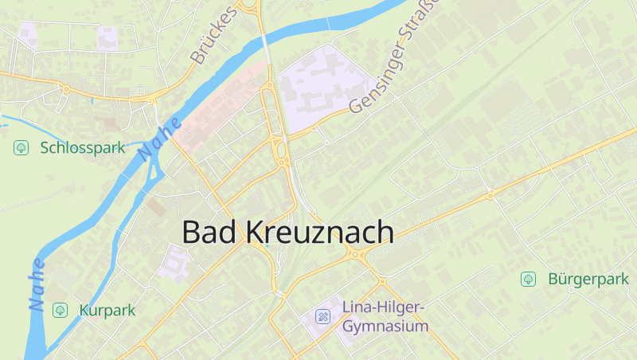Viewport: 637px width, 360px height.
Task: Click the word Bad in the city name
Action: click(x=209, y=232)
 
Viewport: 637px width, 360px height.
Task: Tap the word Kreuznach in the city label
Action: click(x=318, y=232)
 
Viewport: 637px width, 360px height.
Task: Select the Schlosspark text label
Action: click(x=82, y=148)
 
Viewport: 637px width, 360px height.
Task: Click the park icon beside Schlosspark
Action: click(x=21, y=147)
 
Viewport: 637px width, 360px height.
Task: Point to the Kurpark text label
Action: click(x=107, y=310)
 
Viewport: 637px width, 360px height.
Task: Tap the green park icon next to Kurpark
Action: click(x=59, y=309)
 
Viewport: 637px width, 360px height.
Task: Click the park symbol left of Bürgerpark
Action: click(x=527, y=279)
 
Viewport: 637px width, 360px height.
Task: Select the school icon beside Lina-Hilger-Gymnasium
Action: click(x=322, y=316)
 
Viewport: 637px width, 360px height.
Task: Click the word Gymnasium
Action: click(x=385, y=327)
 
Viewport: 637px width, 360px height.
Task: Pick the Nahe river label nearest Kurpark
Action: click(x=37, y=284)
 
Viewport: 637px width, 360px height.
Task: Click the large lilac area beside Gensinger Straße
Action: click(x=318, y=84)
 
